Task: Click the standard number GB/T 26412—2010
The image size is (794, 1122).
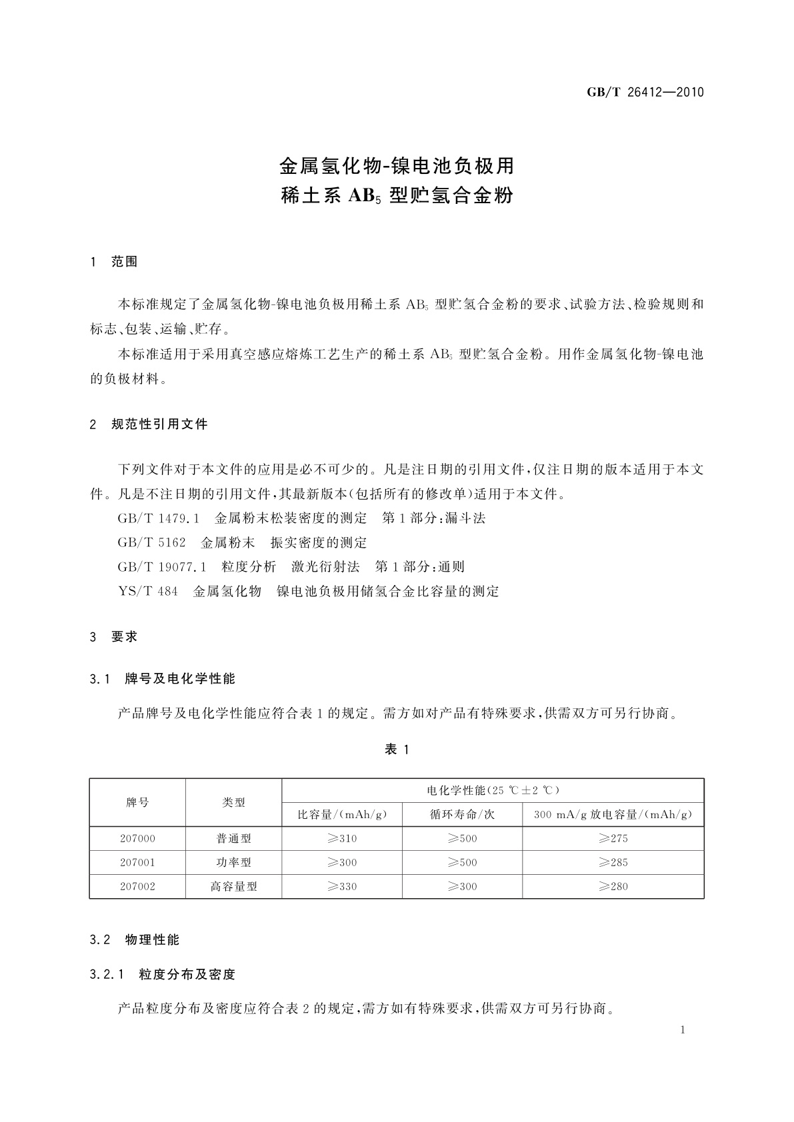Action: (x=645, y=92)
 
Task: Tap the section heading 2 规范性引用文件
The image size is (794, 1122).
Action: (x=149, y=424)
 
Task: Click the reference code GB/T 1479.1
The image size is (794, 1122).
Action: (x=159, y=518)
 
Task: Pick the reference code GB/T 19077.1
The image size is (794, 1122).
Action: (x=162, y=566)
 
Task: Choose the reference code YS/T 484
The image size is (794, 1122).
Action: (x=147, y=591)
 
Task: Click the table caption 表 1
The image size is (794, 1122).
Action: (x=397, y=750)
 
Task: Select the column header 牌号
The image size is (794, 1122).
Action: (x=137, y=802)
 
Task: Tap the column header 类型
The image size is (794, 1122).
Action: (x=233, y=802)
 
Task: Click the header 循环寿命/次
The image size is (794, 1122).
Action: (x=462, y=814)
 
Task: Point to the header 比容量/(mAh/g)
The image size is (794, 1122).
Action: (x=342, y=814)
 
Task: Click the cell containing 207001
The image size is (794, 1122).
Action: (x=137, y=862)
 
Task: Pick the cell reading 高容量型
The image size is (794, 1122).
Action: (x=233, y=886)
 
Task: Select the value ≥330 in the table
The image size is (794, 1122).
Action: (x=342, y=886)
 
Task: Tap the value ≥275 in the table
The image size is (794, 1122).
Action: (x=613, y=838)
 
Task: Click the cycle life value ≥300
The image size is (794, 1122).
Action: (x=462, y=886)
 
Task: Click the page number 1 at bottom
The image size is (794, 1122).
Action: (x=683, y=1030)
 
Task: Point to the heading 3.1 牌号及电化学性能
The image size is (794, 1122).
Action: (x=162, y=679)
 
